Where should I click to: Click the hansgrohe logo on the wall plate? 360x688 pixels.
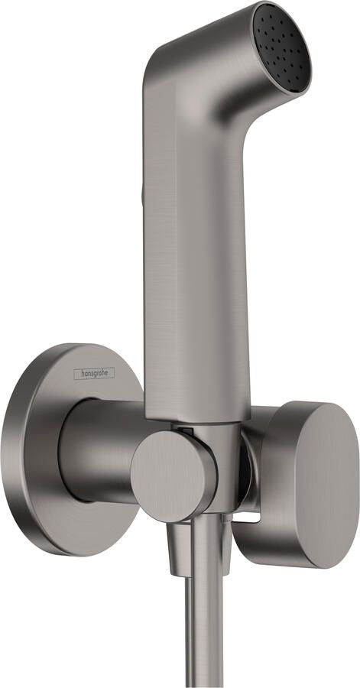(94, 373)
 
